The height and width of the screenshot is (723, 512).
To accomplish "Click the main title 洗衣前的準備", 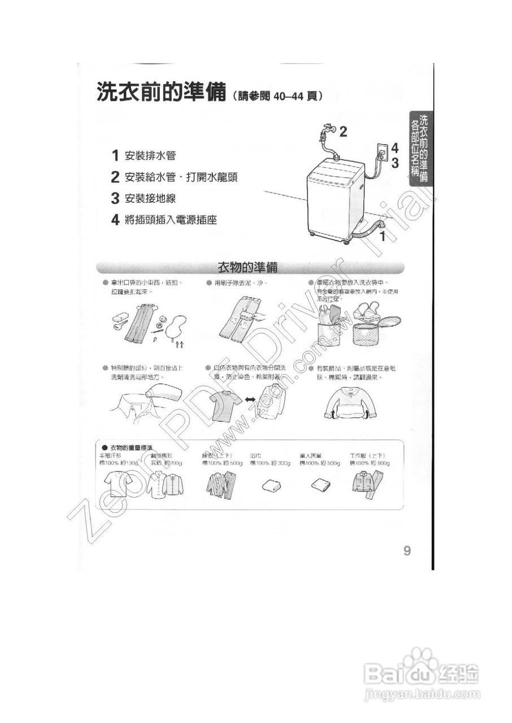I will pos(160,93).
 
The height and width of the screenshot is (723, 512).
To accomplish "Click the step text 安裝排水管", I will pos(153,155).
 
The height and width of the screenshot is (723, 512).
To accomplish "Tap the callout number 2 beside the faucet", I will pos(343,132).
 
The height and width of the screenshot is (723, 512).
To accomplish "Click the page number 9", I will pos(407,551).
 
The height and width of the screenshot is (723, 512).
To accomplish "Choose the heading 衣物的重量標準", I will pos(131,447).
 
